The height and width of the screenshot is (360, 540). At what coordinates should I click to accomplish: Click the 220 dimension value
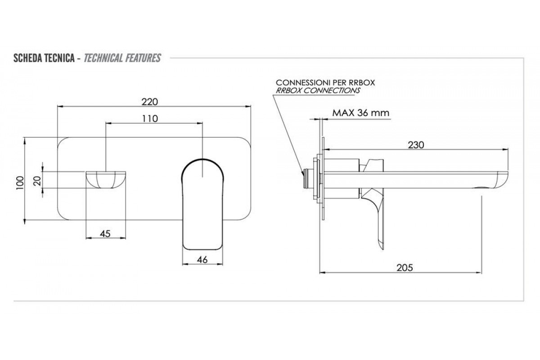pos(149,102)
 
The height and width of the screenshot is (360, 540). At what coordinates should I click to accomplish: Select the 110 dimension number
pos(150,119)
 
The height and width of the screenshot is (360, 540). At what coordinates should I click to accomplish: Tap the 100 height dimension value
pos(20,183)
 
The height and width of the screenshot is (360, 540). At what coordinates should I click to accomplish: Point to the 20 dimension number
pos(37,180)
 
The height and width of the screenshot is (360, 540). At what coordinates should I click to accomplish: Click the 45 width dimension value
pos(105,234)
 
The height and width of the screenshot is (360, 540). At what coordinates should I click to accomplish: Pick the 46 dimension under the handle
pos(202,260)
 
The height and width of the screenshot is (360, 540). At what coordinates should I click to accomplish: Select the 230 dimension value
pos(416,145)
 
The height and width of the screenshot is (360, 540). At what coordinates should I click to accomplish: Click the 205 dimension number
pos(405,268)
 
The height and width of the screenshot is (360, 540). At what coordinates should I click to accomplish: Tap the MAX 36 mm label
pos(360,113)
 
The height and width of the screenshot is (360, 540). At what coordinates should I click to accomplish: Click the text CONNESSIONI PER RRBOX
pos(325,83)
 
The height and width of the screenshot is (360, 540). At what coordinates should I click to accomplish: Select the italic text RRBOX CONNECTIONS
pos(318,90)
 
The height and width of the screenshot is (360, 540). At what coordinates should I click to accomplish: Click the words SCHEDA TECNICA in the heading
pos(44,58)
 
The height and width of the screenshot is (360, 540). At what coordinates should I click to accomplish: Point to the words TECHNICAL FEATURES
pos(122,58)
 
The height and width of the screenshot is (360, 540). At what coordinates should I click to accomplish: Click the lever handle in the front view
pos(202,204)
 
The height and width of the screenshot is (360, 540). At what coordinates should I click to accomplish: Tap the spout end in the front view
pos(106,180)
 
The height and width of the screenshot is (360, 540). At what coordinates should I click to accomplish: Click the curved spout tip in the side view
pos(501,180)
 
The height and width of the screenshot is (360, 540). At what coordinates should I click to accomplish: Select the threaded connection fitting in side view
pos(308,179)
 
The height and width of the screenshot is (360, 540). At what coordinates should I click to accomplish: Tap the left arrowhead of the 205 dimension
pos(323,273)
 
